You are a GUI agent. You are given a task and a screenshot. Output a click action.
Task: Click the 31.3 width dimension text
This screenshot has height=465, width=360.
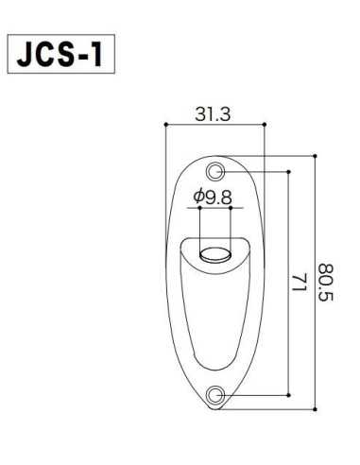click(x=214, y=112)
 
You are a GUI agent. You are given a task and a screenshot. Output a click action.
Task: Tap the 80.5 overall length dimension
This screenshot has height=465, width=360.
click(x=326, y=283)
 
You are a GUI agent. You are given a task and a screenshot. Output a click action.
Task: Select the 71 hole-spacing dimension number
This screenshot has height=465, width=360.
click(x=297, y=283)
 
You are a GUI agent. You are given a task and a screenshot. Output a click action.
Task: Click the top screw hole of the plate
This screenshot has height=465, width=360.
click(x=216, y=172)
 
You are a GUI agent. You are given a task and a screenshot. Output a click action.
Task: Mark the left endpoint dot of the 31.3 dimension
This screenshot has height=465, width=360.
click(x=166, y=124)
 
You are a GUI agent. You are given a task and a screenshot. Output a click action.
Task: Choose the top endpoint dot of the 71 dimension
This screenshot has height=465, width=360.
click(x=285, y=172)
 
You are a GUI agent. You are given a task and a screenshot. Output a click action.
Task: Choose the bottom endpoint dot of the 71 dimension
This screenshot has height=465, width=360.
click(x=285, y=393)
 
